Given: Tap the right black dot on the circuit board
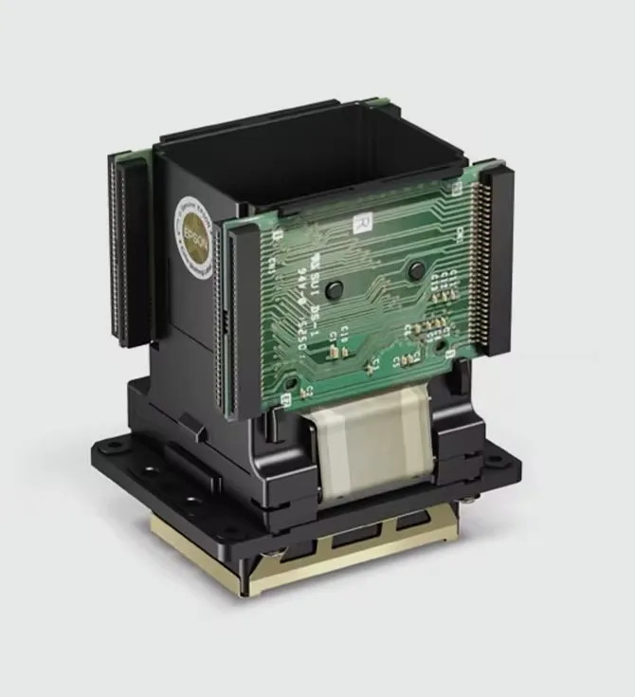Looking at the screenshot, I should [x=414, y=271].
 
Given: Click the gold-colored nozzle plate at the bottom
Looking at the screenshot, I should [x=313, y=559].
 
